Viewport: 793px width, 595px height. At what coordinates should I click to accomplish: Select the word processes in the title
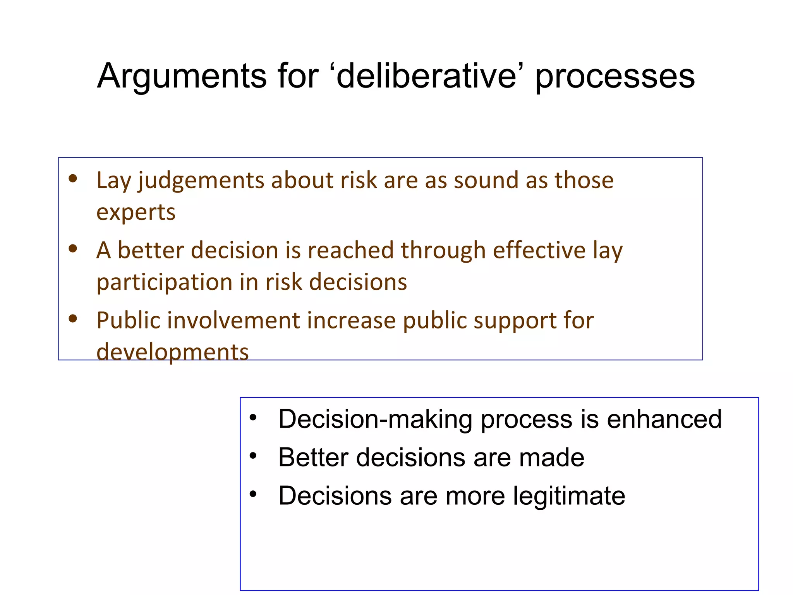(x=615, y=77)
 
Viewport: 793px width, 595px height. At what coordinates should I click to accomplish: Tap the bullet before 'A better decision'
(x=73, y=248)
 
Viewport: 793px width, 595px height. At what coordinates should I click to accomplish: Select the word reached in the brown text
(x=350, y=250)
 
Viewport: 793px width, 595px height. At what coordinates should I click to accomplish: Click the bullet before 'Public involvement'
(x=73, y=318)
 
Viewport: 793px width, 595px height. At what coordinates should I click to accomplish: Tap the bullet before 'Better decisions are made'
(x=253, y=456)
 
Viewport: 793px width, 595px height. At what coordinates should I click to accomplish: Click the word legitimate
(x=569, y=496)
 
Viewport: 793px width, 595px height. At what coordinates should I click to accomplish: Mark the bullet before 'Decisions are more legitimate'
(x=253, y=494)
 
